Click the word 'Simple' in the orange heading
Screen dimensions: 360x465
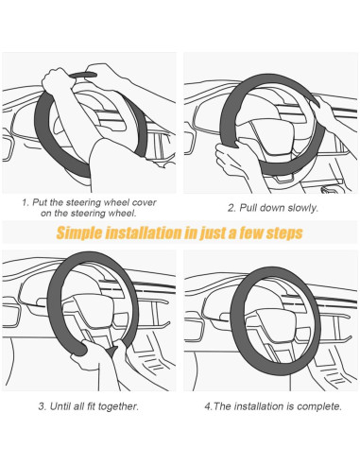(x=79, y=233)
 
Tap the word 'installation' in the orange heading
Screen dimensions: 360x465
(x=144, y=232)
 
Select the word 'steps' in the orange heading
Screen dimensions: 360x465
(x=284, y=233)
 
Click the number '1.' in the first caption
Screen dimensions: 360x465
(x=26, y=202)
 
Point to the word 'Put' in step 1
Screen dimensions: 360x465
(x=40, y=202)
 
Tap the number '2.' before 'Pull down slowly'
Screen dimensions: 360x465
(x=231, y=208)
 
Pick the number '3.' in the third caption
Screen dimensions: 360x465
(x=43, y=406)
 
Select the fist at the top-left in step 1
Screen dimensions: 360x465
(x=59, y=80)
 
